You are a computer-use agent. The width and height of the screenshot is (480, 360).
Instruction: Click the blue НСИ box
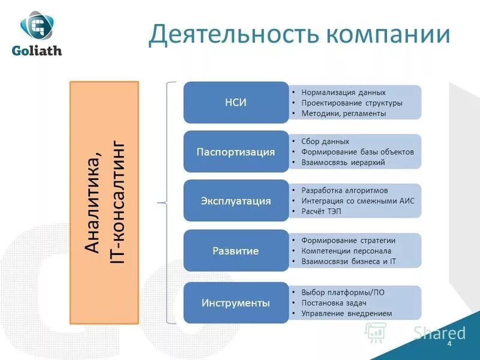click(236, 102)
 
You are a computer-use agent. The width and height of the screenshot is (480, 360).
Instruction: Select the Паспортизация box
click(236, 152)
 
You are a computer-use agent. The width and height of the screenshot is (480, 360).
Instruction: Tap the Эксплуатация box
click(236, 201)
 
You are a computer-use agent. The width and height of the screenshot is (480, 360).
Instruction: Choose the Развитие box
click(236, 251)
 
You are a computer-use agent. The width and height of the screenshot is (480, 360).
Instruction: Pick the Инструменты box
click(236, 302)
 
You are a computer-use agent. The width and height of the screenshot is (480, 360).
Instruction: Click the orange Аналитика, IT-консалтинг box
click(104, 203)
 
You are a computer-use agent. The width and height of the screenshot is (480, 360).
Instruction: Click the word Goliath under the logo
click(37, 51)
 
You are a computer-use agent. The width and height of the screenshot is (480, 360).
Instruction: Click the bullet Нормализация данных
click(343, 92)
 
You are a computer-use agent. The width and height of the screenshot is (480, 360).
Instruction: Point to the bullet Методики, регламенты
click(343, 113)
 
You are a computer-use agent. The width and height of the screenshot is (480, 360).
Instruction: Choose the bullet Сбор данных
click(325, 142)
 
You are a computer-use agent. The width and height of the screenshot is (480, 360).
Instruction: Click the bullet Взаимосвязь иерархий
click(343, 162)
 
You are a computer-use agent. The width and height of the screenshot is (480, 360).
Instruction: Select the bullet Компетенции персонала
click(346, 251)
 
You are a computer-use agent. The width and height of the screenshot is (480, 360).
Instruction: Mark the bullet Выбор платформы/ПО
click(343, 292)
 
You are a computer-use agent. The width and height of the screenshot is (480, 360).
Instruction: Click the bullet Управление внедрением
click(346, 313)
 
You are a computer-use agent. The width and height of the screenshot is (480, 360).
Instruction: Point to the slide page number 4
click(449, 347)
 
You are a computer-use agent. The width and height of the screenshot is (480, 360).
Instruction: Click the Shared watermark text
click(439, 333)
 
